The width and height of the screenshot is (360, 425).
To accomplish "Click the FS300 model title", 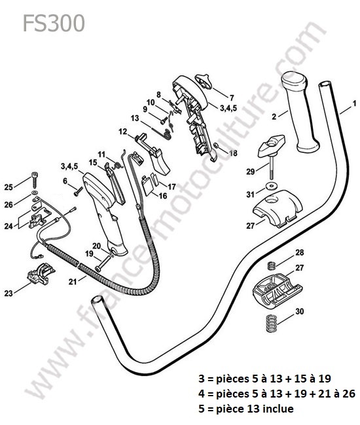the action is [54, 24].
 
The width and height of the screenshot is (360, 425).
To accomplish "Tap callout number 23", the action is [9, 293].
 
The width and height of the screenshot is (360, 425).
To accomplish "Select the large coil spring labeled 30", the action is [271, 323].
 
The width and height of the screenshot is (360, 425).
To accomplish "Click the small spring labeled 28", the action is [272, 265].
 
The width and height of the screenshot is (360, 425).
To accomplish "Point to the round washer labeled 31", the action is [270, 186].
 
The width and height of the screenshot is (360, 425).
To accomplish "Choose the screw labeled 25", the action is [35, 180].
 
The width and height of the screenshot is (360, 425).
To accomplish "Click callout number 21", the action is [73, 282].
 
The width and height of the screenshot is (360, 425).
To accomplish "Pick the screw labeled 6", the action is [78, 192].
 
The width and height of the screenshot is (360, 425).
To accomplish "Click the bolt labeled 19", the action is [103, 263].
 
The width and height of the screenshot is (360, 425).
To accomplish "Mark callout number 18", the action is [233, 153].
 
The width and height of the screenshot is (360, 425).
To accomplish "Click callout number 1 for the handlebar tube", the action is [354, 103].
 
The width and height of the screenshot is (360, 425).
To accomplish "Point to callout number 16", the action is [163, 195].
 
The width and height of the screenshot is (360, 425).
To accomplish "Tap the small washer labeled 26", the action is [35, 192].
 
